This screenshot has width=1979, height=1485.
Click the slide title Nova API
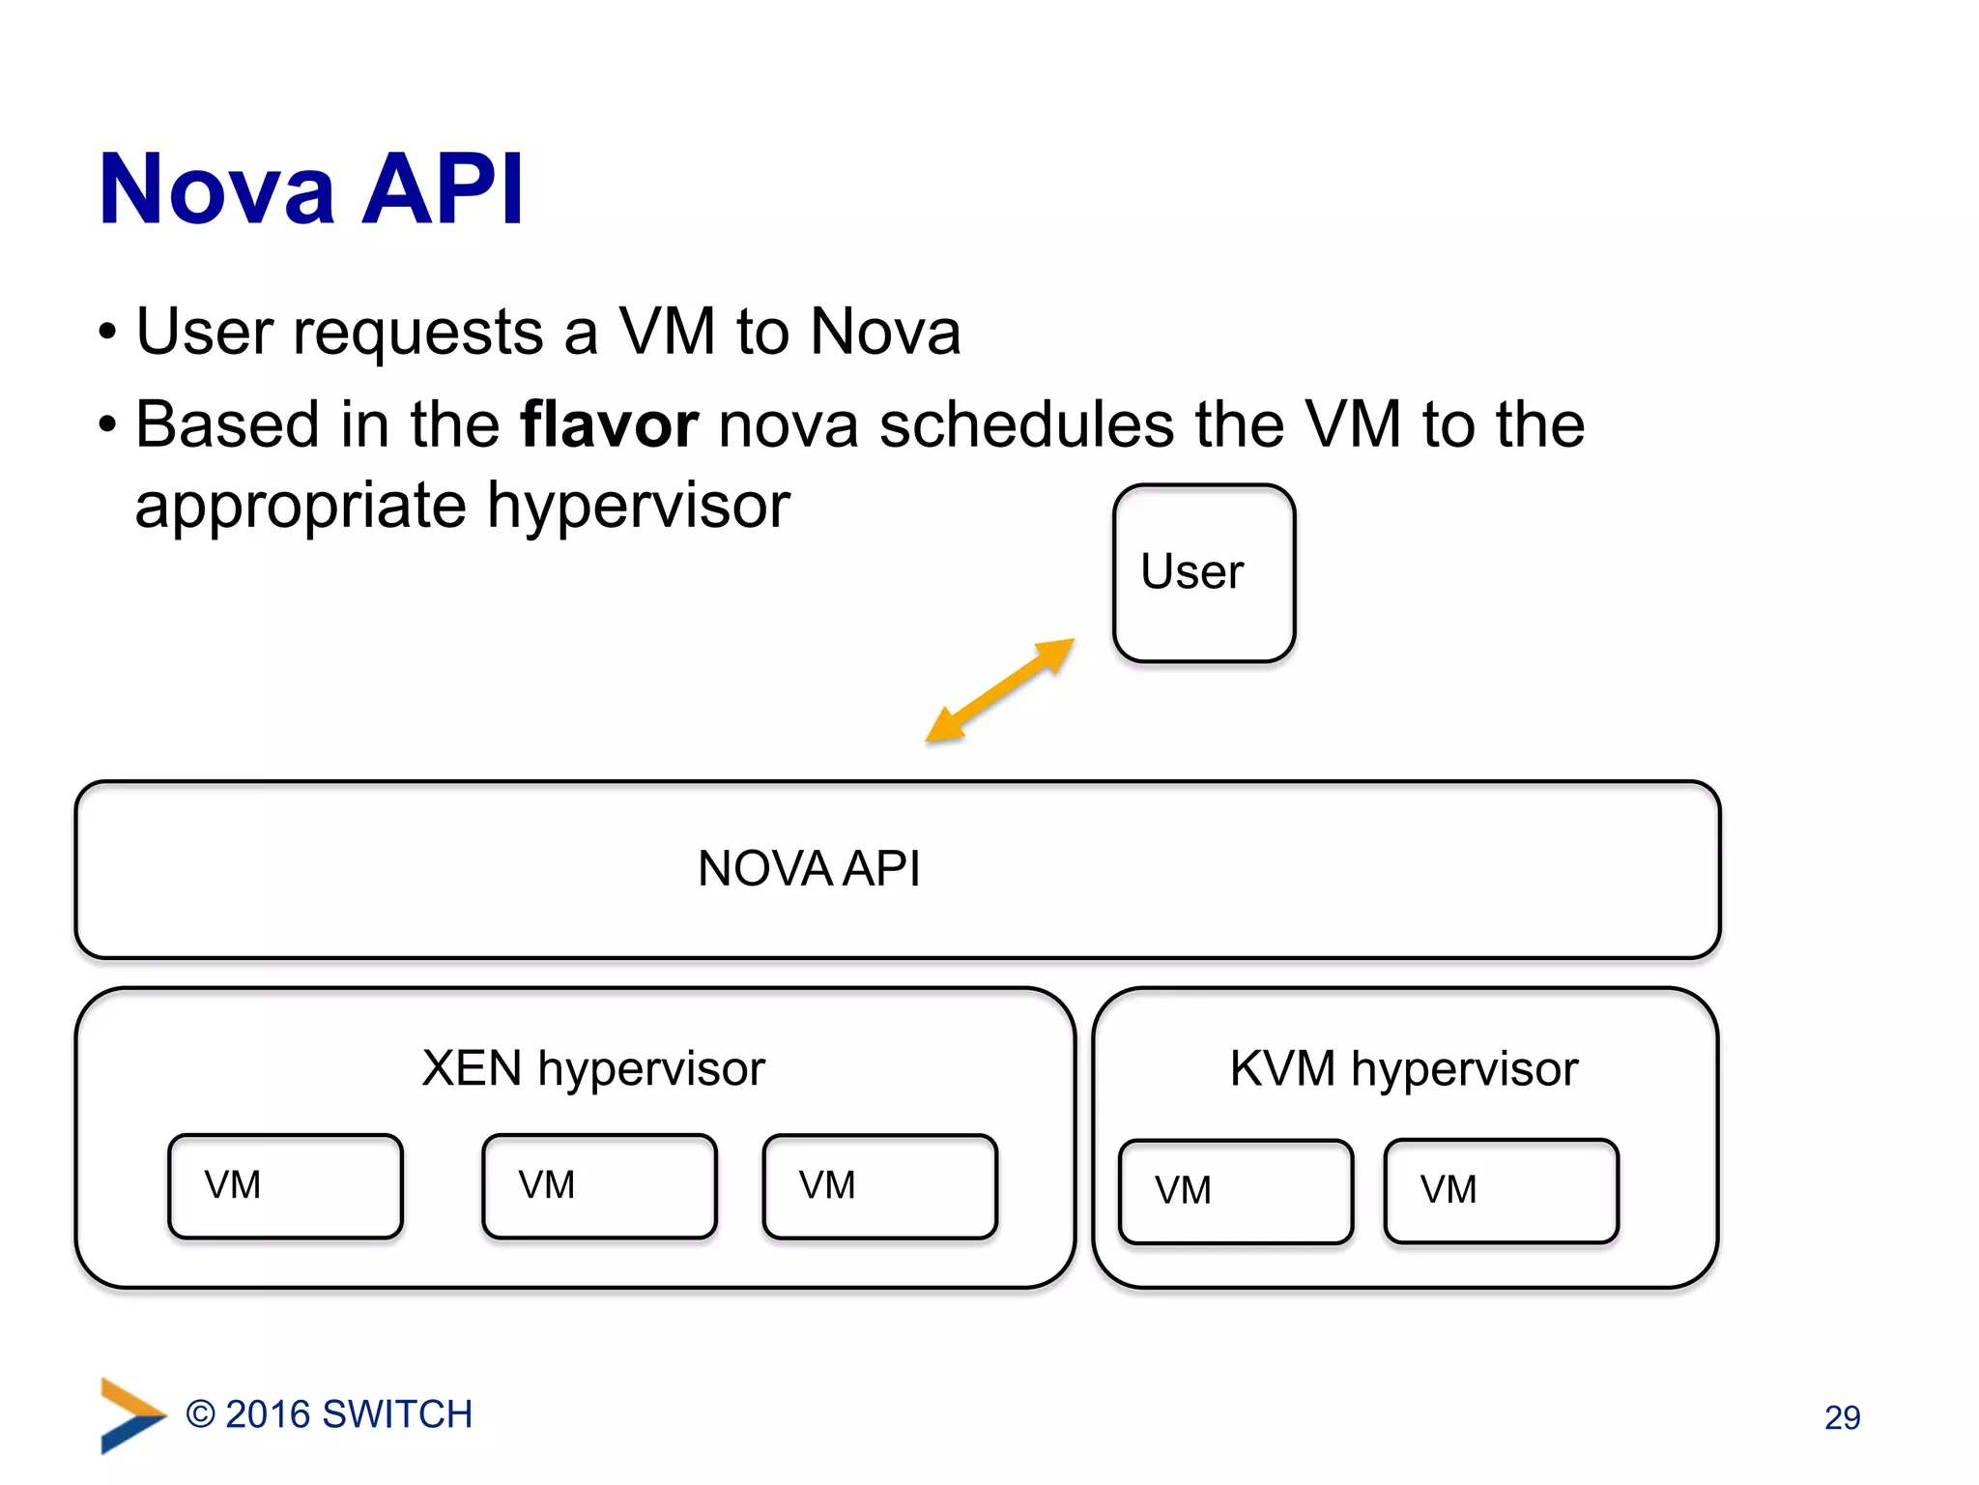coord(311,189)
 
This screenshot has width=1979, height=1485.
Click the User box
coord(1203,573)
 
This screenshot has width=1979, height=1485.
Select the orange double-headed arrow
coord(999,690)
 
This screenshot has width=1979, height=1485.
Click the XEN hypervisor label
coord(593,1069)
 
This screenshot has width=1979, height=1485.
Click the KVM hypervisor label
coord(1403,1069)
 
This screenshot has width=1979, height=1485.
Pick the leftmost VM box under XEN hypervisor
coord(285,1186)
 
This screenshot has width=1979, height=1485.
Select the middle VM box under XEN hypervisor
coord(599,1186)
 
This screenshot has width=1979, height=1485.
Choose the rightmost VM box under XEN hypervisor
coord(879,1186)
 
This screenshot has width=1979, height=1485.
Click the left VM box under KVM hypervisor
coord(1235,1191)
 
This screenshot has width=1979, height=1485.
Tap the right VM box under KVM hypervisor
coord(1501,1191)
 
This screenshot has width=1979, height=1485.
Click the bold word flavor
coord(609,425)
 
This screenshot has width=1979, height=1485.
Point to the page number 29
coord(1842,1417)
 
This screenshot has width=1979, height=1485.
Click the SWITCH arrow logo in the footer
coord(130,1414)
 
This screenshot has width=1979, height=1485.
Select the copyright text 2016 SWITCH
coord(330,1414)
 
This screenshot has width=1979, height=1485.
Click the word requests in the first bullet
coord(417,334)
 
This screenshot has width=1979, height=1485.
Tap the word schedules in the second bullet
coord(1026,425)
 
